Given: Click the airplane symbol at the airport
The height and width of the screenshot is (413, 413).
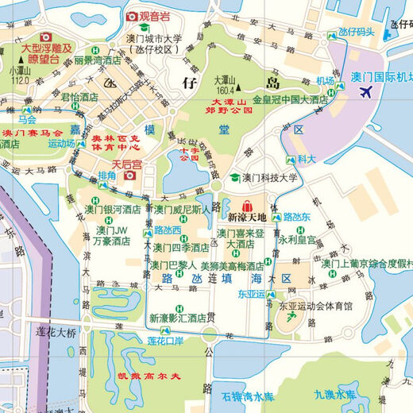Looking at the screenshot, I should click(366, 92).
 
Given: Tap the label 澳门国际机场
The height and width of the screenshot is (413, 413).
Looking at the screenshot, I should click(380, 77).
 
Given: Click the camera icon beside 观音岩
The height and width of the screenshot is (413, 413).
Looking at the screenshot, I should click(132, 16).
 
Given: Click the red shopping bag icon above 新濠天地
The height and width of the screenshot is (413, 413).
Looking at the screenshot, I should click(247, 204).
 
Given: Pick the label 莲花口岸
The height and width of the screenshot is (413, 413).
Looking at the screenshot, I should click(166, 341).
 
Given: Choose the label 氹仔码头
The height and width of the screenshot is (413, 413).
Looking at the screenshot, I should click(355, 33).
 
